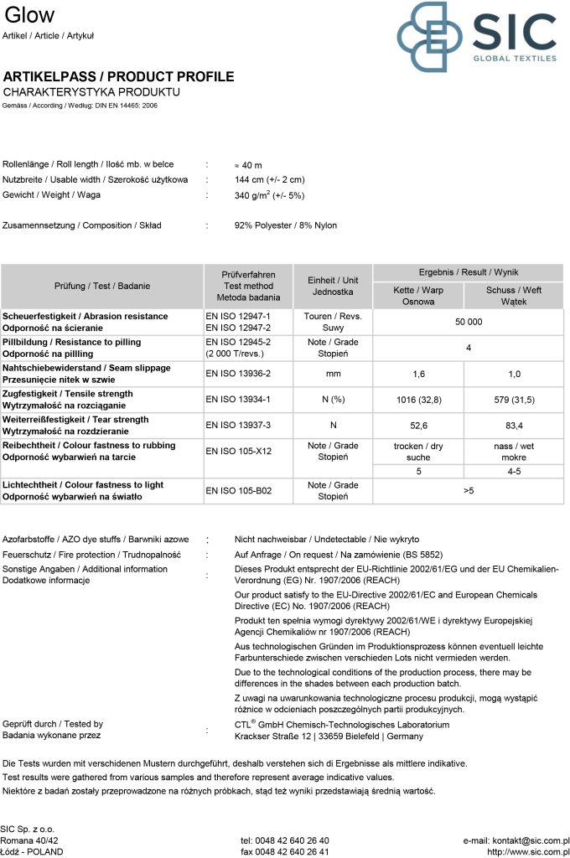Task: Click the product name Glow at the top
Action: [x=30, y=15]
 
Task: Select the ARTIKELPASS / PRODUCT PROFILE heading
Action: [x=119, y=76]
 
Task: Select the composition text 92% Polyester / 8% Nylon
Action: [x=286, y=225]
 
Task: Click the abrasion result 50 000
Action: [x=469, y=323]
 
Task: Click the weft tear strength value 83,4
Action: [x=514, y=425]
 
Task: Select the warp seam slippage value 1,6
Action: [x=419, y=374]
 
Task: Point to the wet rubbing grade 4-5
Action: [x=514, y=472]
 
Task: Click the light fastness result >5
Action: [x=469, y=490]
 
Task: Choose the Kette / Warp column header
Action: [x=418, y=296]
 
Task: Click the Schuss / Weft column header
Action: [x=514, y=296]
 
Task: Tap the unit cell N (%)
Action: [x=333, y=400]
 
